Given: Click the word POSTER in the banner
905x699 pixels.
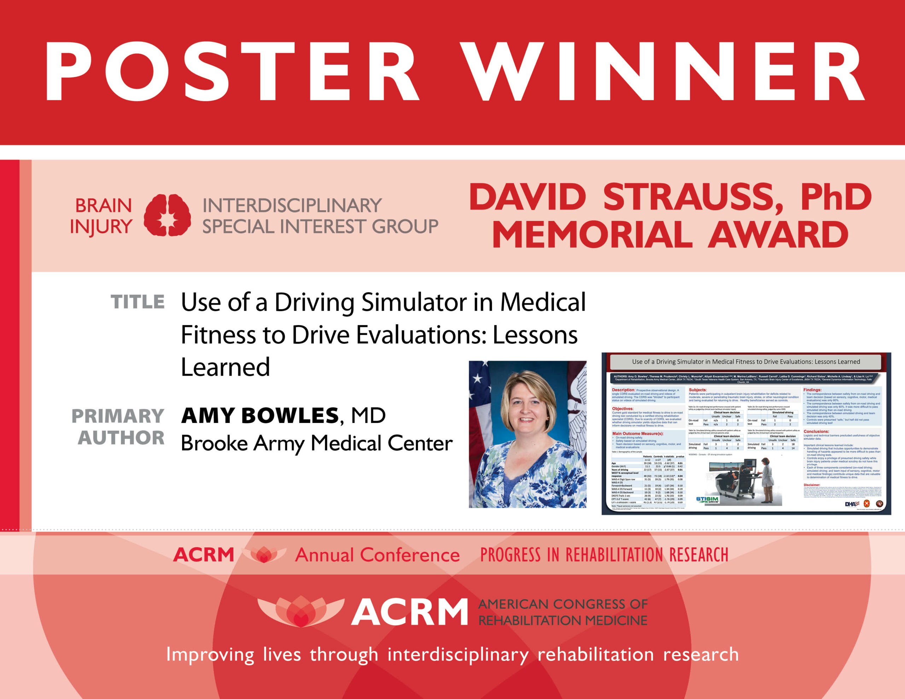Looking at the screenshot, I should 232,71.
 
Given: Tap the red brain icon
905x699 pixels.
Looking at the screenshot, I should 167,216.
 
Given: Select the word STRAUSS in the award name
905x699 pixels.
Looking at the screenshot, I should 692,198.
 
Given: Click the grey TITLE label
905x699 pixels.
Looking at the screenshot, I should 138,302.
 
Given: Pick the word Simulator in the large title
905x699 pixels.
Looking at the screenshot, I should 414,302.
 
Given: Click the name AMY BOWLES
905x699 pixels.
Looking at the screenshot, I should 260,416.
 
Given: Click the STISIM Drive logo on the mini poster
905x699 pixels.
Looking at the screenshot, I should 707,500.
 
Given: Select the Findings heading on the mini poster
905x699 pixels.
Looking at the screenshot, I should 812,390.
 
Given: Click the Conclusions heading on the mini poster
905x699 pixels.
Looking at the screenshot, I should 816,431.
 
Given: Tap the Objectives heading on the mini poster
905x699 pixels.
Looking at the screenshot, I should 623,409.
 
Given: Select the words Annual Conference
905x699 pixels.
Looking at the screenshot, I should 377,555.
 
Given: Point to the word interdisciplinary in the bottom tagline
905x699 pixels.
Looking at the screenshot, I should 458,655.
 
